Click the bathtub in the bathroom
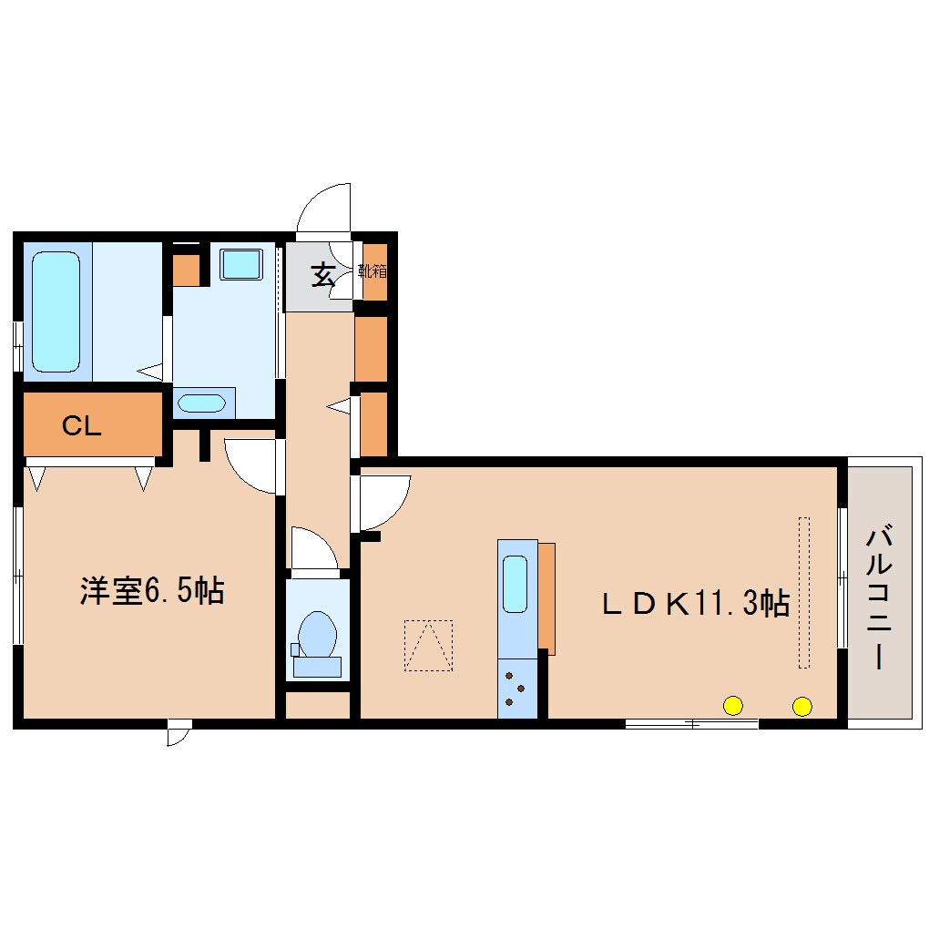(56, 311)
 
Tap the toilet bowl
(317, 634)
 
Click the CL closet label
(82, 425)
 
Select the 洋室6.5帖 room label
(152, 590)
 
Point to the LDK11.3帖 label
(696, 604)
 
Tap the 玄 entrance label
(323, 275)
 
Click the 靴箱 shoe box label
(373, 271)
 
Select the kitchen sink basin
(515, 584)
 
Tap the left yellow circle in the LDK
(733, 706)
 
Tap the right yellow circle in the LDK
(802, 706)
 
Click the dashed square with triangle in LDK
(428, 645)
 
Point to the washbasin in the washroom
(201, 403)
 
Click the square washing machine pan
(241, 263)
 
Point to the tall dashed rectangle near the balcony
(804, 593)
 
